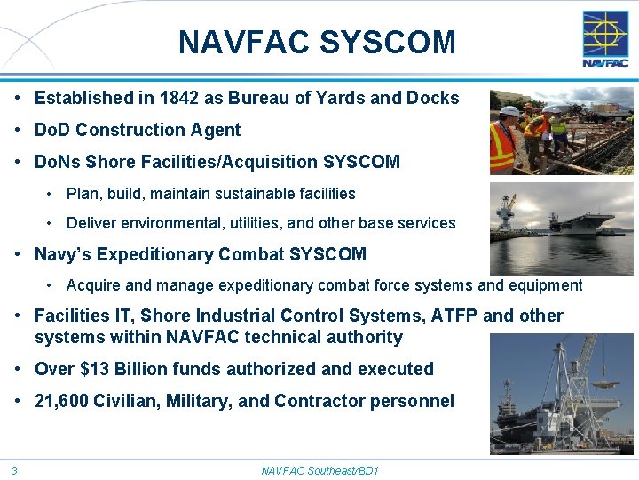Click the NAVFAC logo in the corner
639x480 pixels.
(x=604, y=39)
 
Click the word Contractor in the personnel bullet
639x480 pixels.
(x=319, y=401)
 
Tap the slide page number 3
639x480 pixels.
(x=14, y=469)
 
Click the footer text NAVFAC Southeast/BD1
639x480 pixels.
(x=319, y=469)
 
